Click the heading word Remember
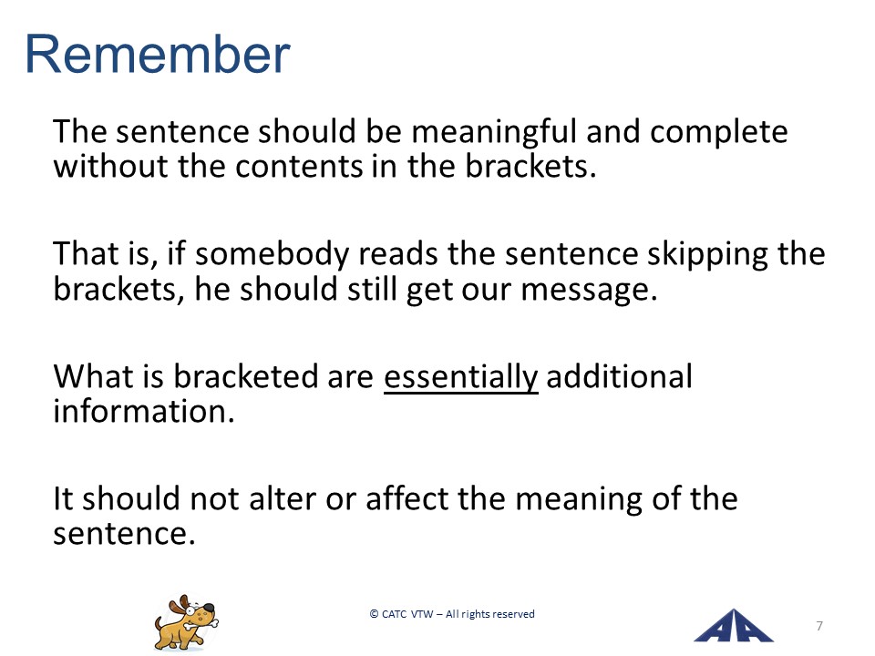158,54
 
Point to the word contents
299,166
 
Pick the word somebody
272,255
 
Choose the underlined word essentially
461,377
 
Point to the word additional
620,375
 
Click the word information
143,411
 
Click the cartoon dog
186,623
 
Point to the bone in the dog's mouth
202,623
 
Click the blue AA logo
733,626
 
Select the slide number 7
819,626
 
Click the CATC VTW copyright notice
452,614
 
